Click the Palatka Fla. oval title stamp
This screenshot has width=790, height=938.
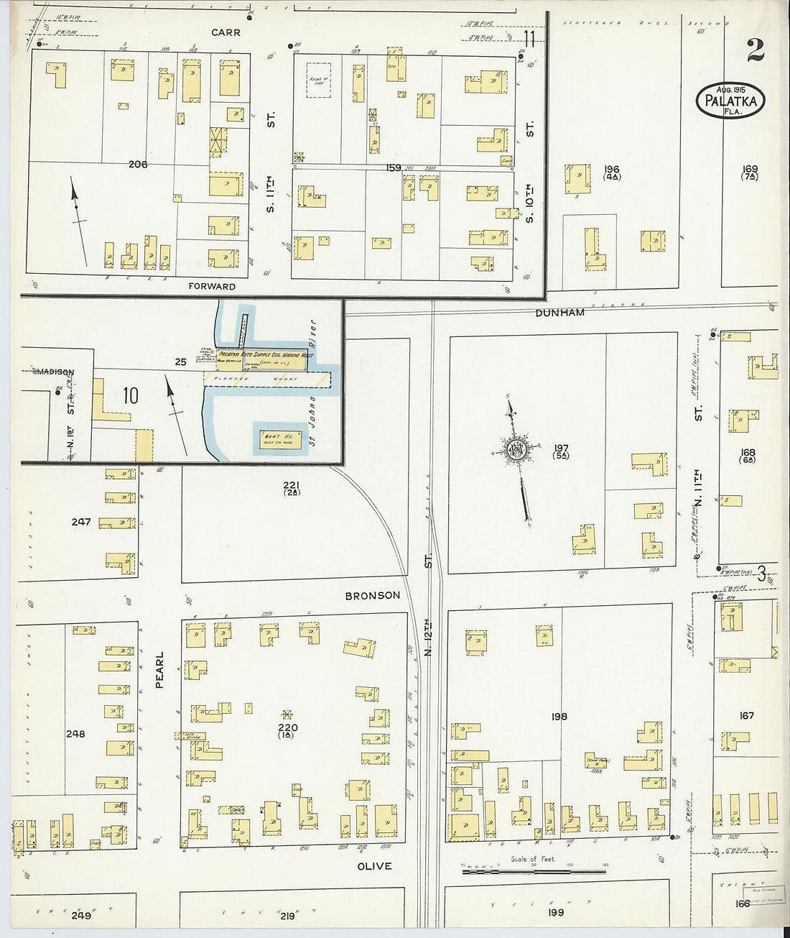point(730,101)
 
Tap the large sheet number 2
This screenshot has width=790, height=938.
point(755,50)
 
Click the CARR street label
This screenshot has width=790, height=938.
point(226,32)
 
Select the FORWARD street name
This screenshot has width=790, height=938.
point(212,286)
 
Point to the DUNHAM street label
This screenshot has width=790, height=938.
point(559,313)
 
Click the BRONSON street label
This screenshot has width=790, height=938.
point(372,595)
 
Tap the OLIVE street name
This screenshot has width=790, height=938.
point(374,866)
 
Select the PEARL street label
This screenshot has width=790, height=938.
point(159,670)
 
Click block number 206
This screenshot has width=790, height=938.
point(138,165)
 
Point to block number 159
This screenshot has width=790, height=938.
point(393,168)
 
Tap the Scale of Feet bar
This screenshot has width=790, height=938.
point(533,871)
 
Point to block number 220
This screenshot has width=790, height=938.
point(287,727)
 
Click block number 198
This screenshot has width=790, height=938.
point(559,716)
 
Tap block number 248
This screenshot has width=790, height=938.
point(75,734)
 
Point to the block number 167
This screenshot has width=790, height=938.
point(746,715)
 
